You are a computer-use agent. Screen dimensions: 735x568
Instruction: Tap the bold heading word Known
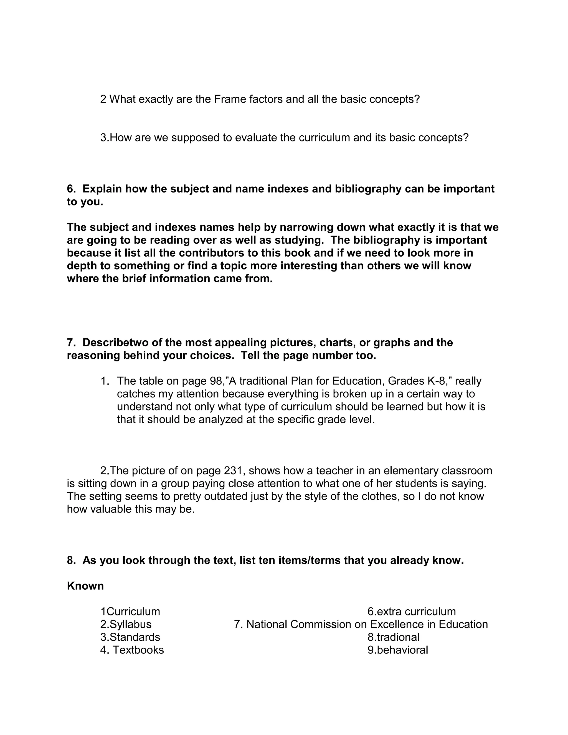point(85,586)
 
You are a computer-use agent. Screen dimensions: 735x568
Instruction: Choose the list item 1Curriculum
point(130,612)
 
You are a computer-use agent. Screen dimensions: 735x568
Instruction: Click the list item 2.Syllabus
point(126,624)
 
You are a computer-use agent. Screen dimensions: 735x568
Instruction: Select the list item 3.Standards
point(130,637)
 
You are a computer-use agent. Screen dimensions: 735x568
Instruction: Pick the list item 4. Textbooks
point(132,650)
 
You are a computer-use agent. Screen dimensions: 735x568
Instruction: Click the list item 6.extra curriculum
point(412,612)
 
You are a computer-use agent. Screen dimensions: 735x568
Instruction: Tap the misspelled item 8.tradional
point(393,637)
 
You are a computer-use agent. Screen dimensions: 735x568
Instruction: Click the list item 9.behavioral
point(397,650)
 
